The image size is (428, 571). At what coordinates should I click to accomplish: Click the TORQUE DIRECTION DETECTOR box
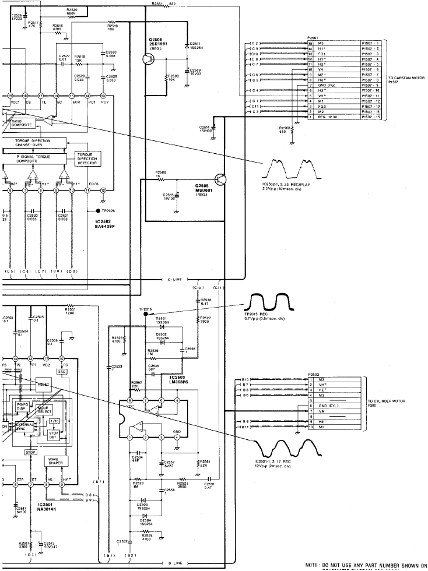pyautogui.click(x=88, y=158)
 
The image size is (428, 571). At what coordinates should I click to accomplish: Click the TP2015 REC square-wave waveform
pyautogui.click(x=269, y=301)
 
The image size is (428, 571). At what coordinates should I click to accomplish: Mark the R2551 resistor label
pyautogui.click(x=158, y=5)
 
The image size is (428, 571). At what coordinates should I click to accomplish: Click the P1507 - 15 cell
pyautogui.click(x=370, y=117)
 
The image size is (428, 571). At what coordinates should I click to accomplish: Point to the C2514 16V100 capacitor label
pyautogui.click(x=204, y=128)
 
